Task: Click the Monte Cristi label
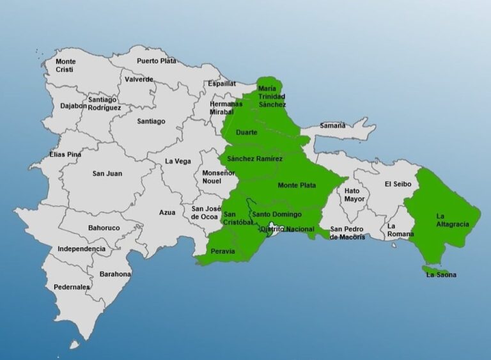coord(65,65)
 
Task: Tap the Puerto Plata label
coord(156,61)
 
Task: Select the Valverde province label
coord(139,79)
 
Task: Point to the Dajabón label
coord(74,106)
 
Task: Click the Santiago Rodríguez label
coord(104,104)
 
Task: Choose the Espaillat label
coord(221,84)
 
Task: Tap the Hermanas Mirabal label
coord(226,108)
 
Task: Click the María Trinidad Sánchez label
coord(268,96)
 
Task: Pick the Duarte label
coord(247,132)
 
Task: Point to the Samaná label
coord(332,125)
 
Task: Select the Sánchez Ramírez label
coord(254,159)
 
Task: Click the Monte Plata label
coord(297,185)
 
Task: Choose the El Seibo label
coord(397,184)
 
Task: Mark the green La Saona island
coord(435,271)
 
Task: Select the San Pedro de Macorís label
coord(347,233)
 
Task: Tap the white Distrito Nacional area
coord(274,230)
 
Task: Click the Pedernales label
coord(72,287)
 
